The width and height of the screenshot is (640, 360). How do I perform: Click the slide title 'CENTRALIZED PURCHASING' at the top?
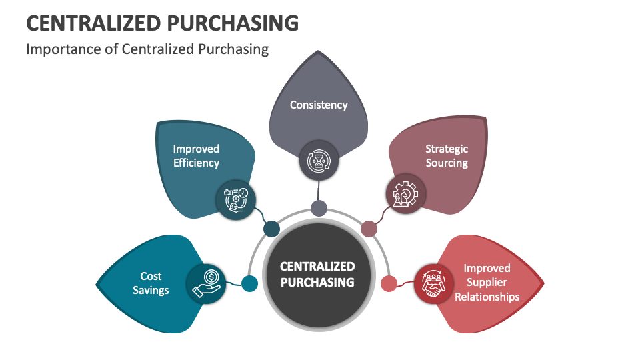tap(162, 23)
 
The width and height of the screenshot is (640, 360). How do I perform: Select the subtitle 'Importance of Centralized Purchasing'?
tap(147, 49)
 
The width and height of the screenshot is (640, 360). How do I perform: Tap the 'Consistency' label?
tap(319, 105)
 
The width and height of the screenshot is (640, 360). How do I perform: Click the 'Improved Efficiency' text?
tap(196, 155)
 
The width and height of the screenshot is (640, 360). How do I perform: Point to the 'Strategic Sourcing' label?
tap(447, 155)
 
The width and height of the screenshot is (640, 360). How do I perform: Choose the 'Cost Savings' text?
tap(151, 283)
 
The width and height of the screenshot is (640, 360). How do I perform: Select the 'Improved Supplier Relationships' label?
tap(487, 282)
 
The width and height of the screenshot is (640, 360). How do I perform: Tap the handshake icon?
tap(435, 283)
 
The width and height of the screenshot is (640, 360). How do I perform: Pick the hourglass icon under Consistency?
tap(319, 161)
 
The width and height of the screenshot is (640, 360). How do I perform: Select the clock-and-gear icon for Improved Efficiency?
tap(236, 199)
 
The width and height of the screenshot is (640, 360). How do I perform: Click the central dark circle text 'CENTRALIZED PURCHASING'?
tap(317, 274)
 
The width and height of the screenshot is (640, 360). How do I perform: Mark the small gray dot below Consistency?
tap(319, 208)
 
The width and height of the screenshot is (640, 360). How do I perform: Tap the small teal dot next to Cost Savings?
tap(249, 284)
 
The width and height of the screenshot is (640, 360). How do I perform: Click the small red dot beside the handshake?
tap(389, 283)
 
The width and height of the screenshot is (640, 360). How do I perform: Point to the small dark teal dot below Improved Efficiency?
tap(271, 229)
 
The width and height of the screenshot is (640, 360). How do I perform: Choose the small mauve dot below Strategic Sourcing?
tap(369, 229)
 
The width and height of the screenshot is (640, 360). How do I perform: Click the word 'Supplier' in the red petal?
tap(487, 282)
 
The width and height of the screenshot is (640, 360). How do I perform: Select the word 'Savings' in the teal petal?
tap(151, 290)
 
